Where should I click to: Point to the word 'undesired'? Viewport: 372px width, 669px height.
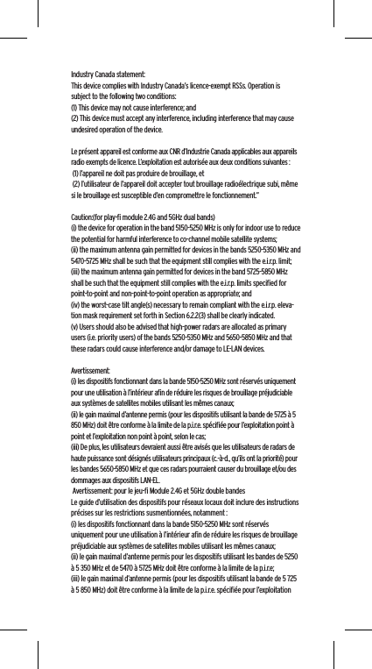click(86, 127)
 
